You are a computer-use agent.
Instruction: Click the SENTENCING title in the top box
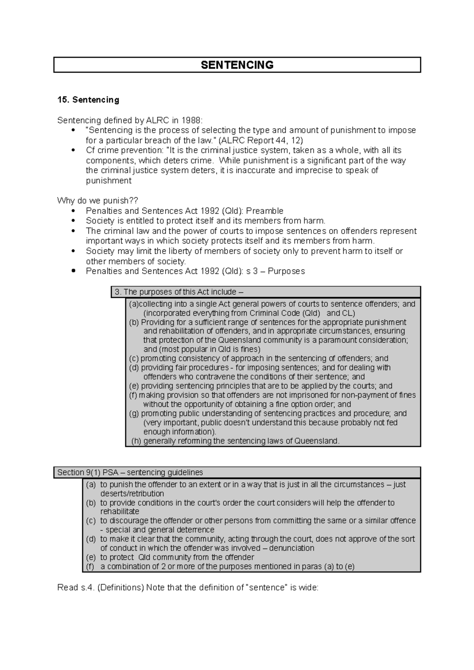[237, 65]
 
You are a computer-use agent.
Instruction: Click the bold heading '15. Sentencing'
[88, 100]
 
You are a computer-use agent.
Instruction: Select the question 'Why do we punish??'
[98, 200]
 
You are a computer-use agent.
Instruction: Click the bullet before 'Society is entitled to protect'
[73, 221]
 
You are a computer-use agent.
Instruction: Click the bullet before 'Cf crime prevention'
[73, 150]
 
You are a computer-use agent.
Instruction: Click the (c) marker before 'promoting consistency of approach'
[134, 359]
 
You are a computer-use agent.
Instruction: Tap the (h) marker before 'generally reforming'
[136, 441]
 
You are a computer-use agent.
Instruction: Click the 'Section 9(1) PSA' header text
[88, 472]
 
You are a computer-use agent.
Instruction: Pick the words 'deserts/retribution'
[132, 494]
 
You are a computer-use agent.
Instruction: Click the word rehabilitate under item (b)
[120, 511]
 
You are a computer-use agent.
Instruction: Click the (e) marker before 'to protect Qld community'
[91, 557]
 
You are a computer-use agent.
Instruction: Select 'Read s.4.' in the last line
[75, 588]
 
